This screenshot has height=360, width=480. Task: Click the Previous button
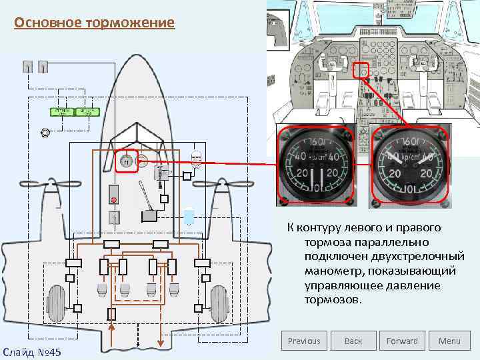[x=304, y=341]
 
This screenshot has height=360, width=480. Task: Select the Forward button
[x=402, y=341]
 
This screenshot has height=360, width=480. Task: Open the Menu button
[x=449, y=341]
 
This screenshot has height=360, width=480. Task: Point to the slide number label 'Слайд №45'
[x=32, y=351]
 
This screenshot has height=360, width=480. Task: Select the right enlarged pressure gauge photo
[x=409, y=165]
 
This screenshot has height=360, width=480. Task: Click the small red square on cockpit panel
[x=360, y=70]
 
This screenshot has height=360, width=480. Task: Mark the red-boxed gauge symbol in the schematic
[x=126, y=161]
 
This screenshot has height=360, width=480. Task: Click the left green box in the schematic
[x=62, y=111]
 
